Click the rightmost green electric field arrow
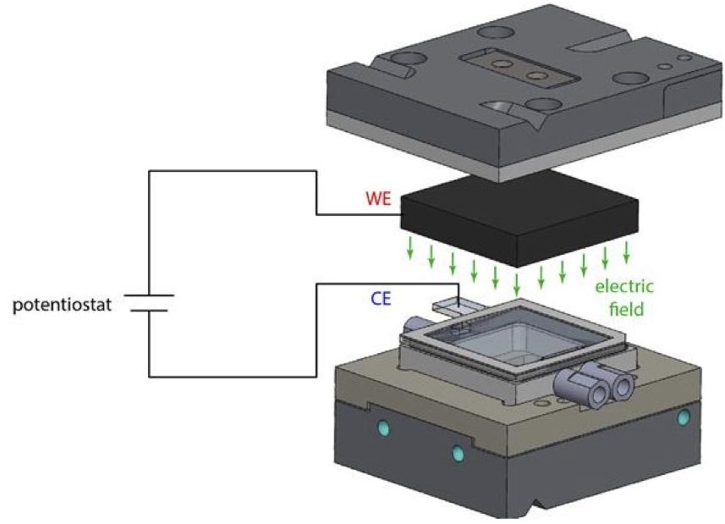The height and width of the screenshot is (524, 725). click(627, 251)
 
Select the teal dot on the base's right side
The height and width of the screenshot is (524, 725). click(683, 416)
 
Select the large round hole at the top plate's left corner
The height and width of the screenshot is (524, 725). click(404, 62)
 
